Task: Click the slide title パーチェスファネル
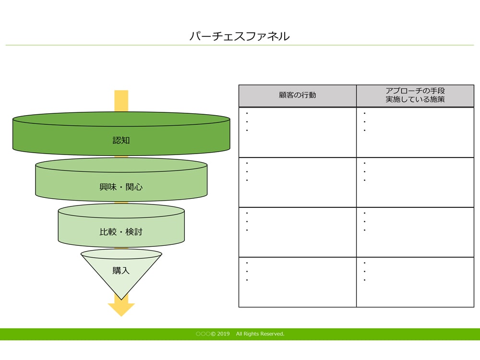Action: [240, 36]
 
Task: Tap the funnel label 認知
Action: [121, 140]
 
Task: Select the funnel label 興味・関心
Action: [121, 187]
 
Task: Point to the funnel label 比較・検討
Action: [121, 232]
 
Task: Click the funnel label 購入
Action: [121, 270]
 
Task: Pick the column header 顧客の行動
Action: [297, 95]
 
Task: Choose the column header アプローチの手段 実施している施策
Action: [415, 95]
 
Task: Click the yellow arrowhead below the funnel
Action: [121, 309]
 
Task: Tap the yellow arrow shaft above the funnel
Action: [121, 101]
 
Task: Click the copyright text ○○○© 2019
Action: [213, 334]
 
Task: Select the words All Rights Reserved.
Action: [260, 334]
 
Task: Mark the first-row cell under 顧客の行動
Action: [298, 132]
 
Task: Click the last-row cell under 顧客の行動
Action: [298, 282]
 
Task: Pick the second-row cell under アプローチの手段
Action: [415, 182]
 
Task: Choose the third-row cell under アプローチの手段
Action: [415, 232]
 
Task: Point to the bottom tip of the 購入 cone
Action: [121, 300]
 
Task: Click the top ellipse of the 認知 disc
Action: [121, 119]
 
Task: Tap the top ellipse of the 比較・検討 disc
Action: [121, 211]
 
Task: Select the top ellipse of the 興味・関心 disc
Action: [121, 165]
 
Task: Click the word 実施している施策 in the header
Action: [415, 99]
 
